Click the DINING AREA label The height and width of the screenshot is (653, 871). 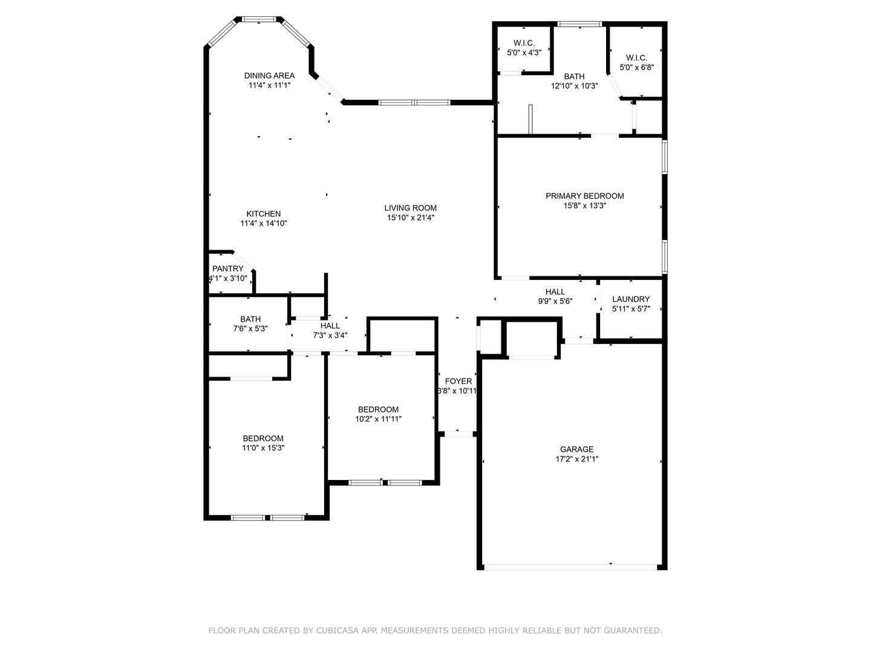(x=269, y=76)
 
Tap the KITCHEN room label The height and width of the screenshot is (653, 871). (x=263, y=213)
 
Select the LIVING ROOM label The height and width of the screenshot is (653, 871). (x=410, y=208)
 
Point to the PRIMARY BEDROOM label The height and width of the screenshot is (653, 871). (x=584, y=196)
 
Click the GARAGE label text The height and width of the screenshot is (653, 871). (x=576, y=449)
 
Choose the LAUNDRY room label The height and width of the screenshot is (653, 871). (x=631, y=299)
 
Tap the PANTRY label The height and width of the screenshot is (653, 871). (x=227, y=268)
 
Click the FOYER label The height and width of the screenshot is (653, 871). (x=458, y=381)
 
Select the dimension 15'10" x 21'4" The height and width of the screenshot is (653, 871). (x=411, y=217)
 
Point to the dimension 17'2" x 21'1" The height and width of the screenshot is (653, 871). (x=577, y=459)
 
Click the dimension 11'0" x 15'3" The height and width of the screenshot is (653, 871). (x=263, y=448)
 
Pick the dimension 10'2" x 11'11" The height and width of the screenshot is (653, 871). (x=378, y=418)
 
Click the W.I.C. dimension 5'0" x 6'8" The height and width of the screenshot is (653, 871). (x=636, y=67)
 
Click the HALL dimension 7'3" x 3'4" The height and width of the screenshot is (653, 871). (x=330, y=336)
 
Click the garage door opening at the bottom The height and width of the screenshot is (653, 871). (x=570, y=567)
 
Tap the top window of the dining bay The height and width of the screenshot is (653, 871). (x=259, y=19)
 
